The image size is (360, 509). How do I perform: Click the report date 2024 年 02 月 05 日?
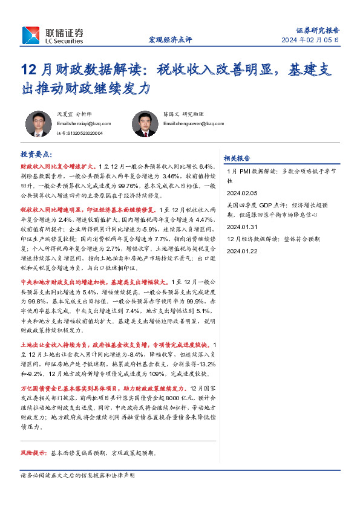pyautogui.click(x=310, y=41)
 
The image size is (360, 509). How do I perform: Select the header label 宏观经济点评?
pyautogui.click(x=170, y=40)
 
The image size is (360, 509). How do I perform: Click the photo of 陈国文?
pyautogui.click(x=143, y=123)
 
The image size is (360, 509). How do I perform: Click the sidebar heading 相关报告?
pyautogui.click(x=237, y=158)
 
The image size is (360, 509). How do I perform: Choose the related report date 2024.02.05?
pyautogui.click(x=242, y=193)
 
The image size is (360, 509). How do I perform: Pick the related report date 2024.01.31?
pyautogui.click(x=242, y=227)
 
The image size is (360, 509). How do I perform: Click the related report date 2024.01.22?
pyautogui.click(x=242, y=251)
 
